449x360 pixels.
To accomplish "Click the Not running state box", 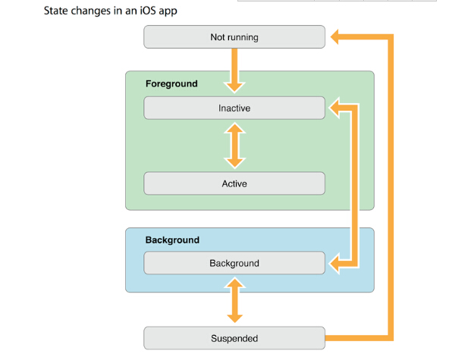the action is tap(234, 37).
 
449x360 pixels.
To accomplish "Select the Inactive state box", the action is tap(234, 108).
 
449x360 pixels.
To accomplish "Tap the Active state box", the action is tap(234, 183).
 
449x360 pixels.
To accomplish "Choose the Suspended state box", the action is tap(234, 338).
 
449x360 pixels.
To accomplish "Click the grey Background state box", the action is tap(234, 263).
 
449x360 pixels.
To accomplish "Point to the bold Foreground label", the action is tap(171, 83).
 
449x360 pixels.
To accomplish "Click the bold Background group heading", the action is tap(172, 239).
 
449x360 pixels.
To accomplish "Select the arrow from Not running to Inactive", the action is tap(234, 70).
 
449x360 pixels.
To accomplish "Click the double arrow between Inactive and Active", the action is tap(235, 146).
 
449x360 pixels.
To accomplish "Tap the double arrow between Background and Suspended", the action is tap(235, 300).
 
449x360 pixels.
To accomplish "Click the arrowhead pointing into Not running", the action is tap(334, 37).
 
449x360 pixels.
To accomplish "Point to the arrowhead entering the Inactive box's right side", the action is tap(334, 108).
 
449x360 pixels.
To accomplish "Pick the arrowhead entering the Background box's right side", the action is tap(334, 263).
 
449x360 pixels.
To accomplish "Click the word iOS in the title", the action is tap(147, 11).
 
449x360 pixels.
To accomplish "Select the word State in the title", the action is tap(56, 11).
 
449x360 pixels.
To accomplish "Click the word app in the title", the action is tap(168, 12).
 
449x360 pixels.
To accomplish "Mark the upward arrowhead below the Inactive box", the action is tap(235, 128).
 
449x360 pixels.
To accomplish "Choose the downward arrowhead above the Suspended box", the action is tap(235, 318).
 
